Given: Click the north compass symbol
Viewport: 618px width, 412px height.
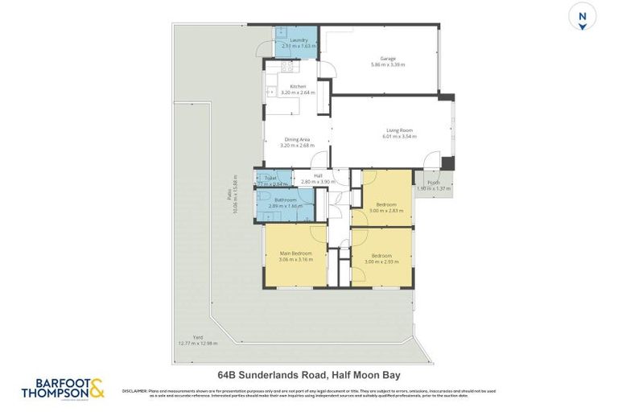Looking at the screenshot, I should (x=583, y=17).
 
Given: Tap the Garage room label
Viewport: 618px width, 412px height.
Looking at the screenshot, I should (x=388, y=58).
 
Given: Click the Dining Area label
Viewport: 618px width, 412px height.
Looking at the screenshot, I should (x=298, y=139).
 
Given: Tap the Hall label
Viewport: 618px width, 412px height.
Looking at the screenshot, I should (x=318, y=175).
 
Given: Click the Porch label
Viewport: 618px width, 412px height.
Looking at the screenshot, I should (x=434, y=182).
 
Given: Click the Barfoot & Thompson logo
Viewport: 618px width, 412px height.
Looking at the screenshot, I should (x=63, y=389).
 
